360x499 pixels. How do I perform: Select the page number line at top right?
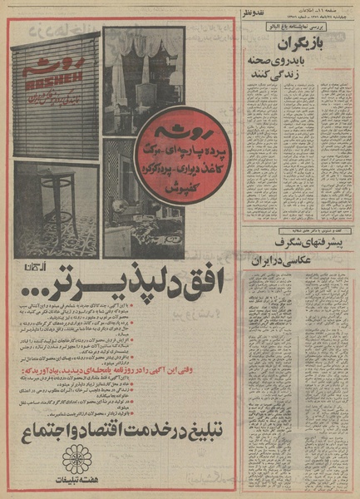pos(320,7)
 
